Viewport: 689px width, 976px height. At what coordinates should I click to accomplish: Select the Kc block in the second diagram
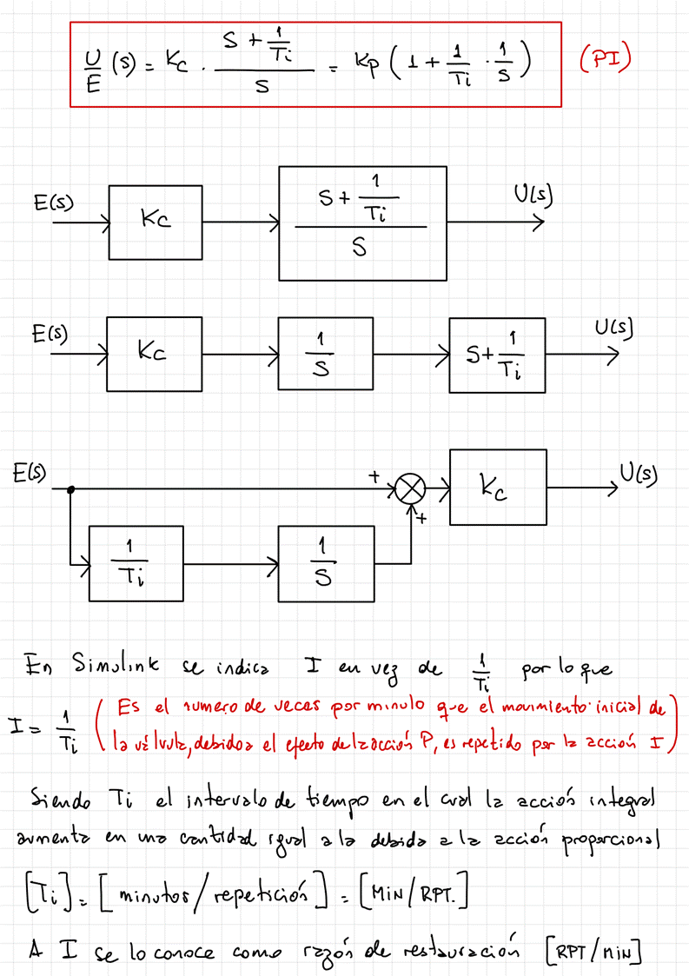coord(153,354)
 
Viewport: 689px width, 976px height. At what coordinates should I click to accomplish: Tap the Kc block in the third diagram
coord(498,488)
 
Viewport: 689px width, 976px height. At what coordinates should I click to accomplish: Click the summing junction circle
coord(411,490)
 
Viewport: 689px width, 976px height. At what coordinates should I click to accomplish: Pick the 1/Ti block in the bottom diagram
coord(136,563)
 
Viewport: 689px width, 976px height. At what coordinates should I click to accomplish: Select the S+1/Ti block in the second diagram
coord(498,355)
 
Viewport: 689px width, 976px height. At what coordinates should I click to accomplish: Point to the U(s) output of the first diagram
coord(532,196)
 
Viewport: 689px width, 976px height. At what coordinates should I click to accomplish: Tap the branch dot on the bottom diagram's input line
coord(71,490)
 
